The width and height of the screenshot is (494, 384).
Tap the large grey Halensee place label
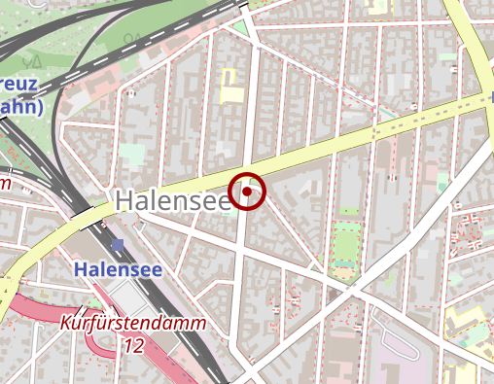click(173, 200)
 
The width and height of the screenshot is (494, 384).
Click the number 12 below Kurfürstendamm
click(133, 345)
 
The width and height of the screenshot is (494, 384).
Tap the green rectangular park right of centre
click(345, 245)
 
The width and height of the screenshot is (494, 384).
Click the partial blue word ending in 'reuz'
click(19, 85)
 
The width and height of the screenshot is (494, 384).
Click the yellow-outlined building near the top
click(230, 86)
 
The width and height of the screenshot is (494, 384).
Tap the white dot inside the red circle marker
click(248, 192)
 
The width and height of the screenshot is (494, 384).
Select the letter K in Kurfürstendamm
click(67, 324)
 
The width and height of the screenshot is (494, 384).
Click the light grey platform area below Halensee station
click(126, 297)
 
